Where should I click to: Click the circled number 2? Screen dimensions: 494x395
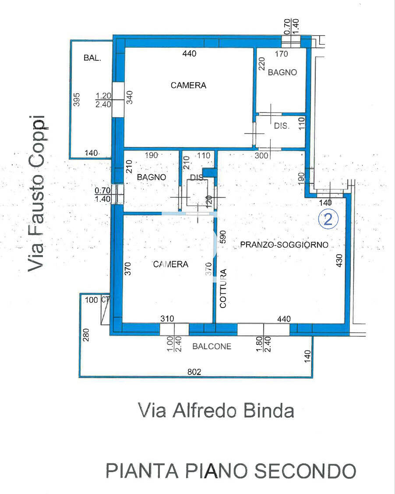coord(328,219)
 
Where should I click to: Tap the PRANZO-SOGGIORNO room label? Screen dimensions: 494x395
coord(284,245)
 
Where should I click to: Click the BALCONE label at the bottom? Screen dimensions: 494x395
coord(212,346)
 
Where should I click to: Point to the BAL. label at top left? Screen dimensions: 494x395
coord(92,58)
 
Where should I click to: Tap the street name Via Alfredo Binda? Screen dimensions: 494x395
coord(215,410)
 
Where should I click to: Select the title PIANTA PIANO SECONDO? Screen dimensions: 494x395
coord(231,471)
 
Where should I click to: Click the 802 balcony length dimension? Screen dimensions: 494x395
coord(194,372)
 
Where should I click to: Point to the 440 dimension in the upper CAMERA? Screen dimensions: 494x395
coord(189,54)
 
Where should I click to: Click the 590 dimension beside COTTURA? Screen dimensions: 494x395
coord(222,237)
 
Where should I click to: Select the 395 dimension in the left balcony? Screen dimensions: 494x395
coord(77,101)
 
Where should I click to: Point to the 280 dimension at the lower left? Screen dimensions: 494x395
coord(86,336)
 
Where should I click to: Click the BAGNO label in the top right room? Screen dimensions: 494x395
coord(282,73)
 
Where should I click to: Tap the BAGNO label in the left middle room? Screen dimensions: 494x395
coord(151,177)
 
